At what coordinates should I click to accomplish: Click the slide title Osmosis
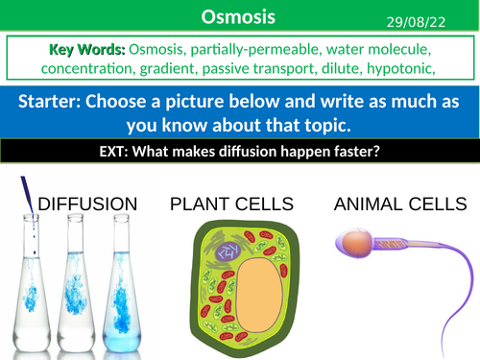click(x=239, y=16)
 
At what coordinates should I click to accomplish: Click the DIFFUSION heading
click(x=87, y=204)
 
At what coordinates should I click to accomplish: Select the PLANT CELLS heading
click(x=227, y=204)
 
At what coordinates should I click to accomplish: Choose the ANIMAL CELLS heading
click(x=396, y=204)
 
